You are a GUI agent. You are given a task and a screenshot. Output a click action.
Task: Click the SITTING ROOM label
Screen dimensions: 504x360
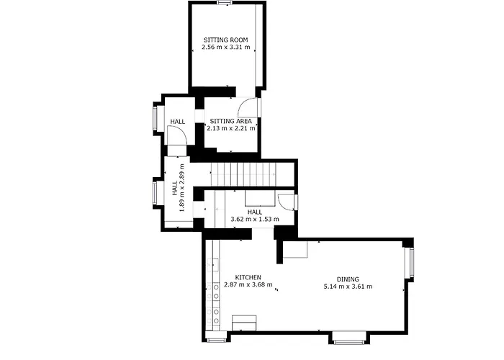coord(225,40)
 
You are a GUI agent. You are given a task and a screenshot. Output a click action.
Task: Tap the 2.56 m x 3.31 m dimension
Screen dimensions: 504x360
coord(225,48)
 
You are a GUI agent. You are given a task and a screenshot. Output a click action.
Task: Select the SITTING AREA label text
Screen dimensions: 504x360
coord(231,121)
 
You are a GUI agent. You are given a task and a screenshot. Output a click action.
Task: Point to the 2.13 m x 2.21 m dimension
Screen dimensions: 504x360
coord(231,128)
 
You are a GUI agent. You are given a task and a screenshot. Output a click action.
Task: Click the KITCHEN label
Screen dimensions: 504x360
coord(248,277)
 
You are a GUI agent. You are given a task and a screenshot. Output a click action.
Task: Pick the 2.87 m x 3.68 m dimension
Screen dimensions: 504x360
coord(248,284)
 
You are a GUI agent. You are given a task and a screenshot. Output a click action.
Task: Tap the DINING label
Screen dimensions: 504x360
coord(348,279)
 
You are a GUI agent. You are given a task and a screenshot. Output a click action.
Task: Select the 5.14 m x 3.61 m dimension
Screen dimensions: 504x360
coord(348,286)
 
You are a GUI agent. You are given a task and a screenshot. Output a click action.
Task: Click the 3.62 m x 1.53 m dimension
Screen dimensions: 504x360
coord(255,219)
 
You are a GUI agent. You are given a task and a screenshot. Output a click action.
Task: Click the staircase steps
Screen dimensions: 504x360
coord(243,174)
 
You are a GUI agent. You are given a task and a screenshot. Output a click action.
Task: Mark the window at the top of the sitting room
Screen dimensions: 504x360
coord(225,3)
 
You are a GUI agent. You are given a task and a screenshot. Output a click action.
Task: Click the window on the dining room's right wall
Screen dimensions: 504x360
coord(411,262)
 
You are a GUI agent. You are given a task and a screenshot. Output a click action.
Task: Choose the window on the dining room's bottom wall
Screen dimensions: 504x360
coord(349,342)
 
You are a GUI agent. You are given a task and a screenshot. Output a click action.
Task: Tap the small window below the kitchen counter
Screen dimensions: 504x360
coord(217,340)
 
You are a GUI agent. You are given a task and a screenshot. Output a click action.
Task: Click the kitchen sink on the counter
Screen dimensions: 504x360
coord(213,265)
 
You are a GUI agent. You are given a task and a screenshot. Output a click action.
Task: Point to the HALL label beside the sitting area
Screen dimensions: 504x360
coord(177,122)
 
